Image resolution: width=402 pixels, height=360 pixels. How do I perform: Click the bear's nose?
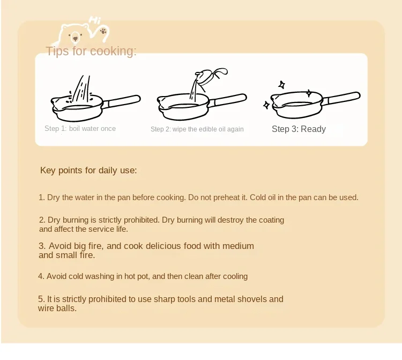pyautogui.click(x=75, y=39)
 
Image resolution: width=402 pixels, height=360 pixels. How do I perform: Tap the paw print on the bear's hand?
pyautogui.click(x=103, y=31)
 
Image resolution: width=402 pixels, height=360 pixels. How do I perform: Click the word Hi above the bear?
pyautogui.click(x=95, y=20)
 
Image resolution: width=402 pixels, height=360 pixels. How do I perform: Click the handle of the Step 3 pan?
pyautogui.click(x=341, y=99)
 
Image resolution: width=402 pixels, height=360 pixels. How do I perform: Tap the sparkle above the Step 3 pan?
pyautogui.click(x=282, y=85)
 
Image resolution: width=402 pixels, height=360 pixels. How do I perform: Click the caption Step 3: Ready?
pyautogui.click(x=299, y=129)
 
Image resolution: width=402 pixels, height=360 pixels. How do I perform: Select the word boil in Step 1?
pyautogui.click(x=75, y=128)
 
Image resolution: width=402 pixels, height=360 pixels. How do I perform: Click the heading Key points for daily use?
pyautogui.click(x=88, y=170)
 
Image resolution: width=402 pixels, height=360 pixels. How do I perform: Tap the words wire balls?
pyautogui.click(x=57, y=308)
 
